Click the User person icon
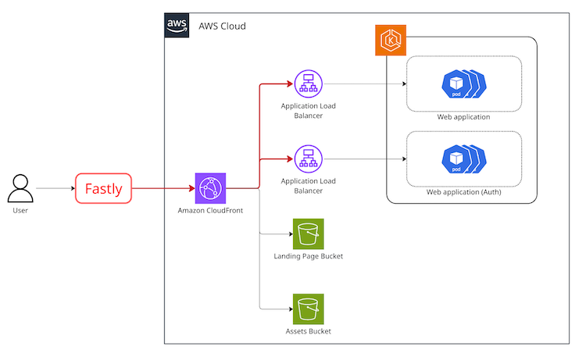coord(20,188)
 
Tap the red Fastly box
coord(103,188)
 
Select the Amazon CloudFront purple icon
coord(210,188)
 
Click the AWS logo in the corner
coord(177,26)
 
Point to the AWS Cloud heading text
coord(222,26)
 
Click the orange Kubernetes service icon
coord(391,41)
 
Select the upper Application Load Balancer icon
coord(309,84)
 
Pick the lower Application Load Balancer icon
coord(309,159)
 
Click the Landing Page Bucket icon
coord(309,233)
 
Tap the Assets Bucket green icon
coord(309,309)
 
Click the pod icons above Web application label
coord(464,84)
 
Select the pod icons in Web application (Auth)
coord(464,159)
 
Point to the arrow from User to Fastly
coord(55,188)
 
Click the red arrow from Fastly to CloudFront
coord(164,188)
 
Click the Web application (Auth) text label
coord(464,192)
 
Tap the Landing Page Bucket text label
coord(309,256)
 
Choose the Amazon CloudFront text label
coord(210,210)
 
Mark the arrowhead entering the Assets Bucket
coord(291,309)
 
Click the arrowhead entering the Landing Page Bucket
coord(291,234)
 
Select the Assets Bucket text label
coord(309,331)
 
